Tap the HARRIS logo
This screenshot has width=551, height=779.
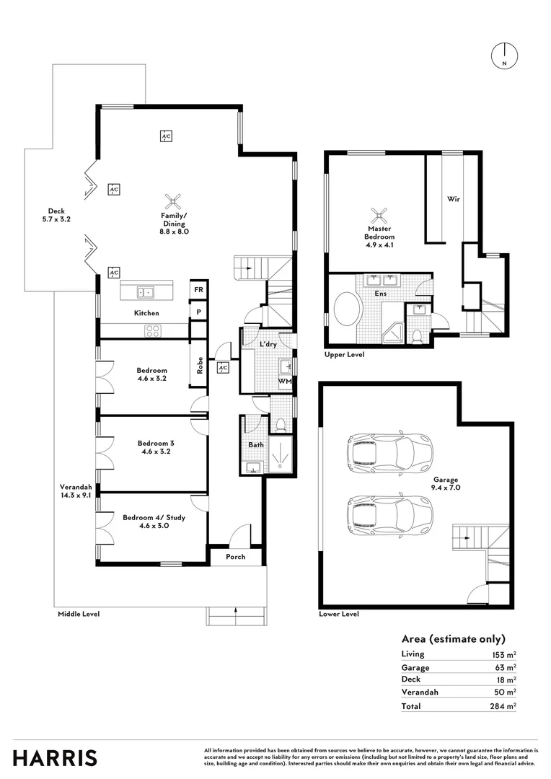56,757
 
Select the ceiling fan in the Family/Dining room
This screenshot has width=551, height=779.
173,200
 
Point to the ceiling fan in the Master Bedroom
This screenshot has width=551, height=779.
379,214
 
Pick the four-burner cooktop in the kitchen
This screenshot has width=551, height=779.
153,331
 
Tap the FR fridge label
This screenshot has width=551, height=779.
198,290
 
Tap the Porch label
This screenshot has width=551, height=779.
235,557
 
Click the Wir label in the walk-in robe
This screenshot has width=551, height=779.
454,198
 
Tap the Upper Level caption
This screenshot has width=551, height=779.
345,355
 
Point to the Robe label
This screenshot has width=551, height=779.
200,366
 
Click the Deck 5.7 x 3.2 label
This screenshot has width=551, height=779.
55,215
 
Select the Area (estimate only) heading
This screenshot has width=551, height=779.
452,639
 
